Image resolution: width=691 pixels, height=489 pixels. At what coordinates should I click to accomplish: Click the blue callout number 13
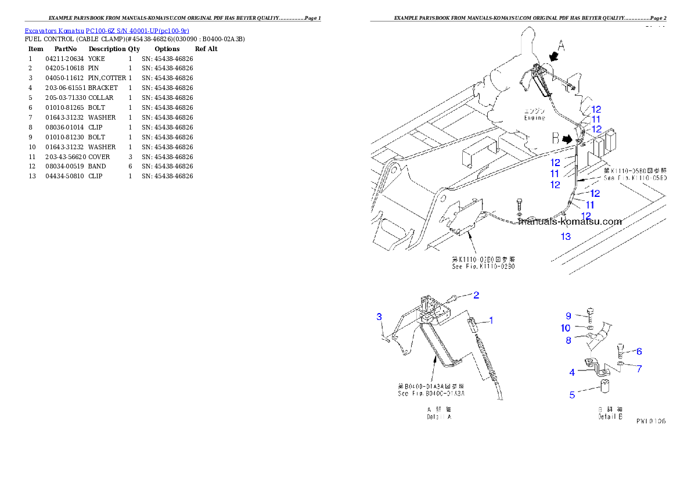point(565,236)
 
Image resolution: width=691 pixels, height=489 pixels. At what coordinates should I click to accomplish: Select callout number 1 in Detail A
point(491,320)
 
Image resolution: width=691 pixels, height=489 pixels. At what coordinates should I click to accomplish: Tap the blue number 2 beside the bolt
point(476,295)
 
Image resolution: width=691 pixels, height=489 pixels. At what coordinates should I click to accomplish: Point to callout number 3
point(379,317)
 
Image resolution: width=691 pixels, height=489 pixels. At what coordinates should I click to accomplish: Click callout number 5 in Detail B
point(572,395)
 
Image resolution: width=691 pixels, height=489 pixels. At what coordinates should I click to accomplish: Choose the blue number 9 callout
point(569,316)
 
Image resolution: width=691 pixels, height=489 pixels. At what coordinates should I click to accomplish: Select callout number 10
point(566,328)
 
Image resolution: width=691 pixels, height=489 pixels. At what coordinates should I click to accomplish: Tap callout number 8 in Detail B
point(569,340)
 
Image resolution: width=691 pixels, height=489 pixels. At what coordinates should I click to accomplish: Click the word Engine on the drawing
point(534,118)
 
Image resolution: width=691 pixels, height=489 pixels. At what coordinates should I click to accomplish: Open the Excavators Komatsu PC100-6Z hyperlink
point(107,31)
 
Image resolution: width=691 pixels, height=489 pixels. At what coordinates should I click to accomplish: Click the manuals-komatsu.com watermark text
point(570,221)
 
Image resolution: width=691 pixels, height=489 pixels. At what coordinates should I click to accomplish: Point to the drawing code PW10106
point(650,421)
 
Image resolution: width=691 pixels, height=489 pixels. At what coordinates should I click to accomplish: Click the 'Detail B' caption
point(610,417)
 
